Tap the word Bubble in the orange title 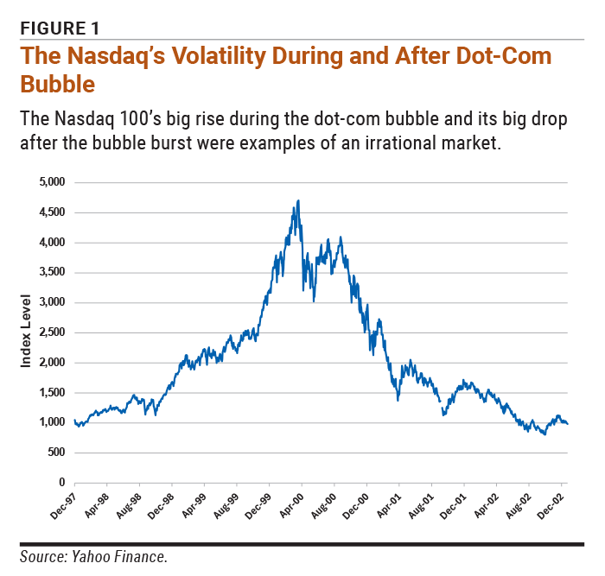pos(57,85)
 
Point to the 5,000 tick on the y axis pos(53,182)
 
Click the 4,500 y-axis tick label pos(53,212)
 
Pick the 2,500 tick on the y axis pos(53,332)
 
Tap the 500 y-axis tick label pos(57,453)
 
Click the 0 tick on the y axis pos(62,483)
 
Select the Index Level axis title pos(26,332)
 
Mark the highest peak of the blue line pos(298,200)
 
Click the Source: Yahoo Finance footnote pos(93,557)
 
